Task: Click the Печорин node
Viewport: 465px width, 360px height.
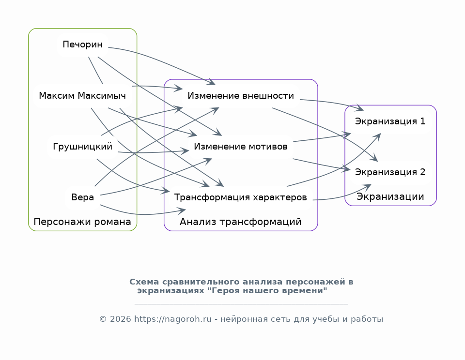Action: click(x=83, y=45)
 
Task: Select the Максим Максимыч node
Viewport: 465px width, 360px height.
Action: click(x=82, y=96)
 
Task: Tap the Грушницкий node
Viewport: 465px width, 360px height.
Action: click(x=83, y=147)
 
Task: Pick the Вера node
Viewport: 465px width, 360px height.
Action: click(x=83, y=197)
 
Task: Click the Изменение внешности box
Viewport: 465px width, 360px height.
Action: click(x=241, y=96)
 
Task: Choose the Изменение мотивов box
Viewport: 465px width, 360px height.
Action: click(x=241, y=147)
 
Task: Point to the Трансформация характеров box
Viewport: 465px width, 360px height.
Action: click(x=241, y=197)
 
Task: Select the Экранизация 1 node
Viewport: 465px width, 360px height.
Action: click(x=390, y=121)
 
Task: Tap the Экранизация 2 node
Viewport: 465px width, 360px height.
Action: click(x=390, y=172)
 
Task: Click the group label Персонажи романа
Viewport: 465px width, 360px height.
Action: click(x=82, y=222)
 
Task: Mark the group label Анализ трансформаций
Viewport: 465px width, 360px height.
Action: click(x=241, y=222)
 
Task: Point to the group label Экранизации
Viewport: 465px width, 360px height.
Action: click(x=390, y=197)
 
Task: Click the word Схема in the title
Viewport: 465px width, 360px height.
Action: click(x=144, y=282)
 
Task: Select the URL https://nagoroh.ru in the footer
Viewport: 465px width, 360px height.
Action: click(x=173, y=319)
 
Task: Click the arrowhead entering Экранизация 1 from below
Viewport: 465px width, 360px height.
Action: click(x=379, y=135)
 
